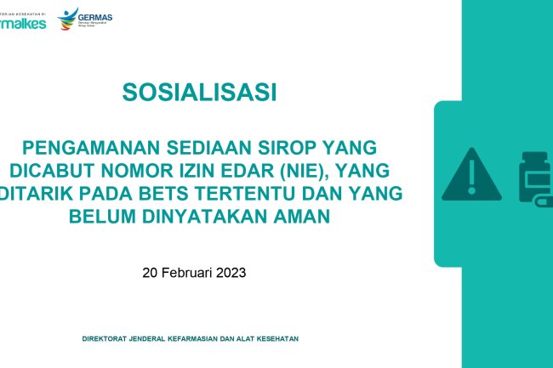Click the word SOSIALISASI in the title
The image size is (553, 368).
200,91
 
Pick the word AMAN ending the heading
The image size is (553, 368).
301,217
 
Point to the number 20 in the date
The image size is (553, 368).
150,273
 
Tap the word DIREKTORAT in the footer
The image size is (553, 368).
106,338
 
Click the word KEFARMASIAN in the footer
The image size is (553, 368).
197,338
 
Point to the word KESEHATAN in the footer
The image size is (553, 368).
275,338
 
